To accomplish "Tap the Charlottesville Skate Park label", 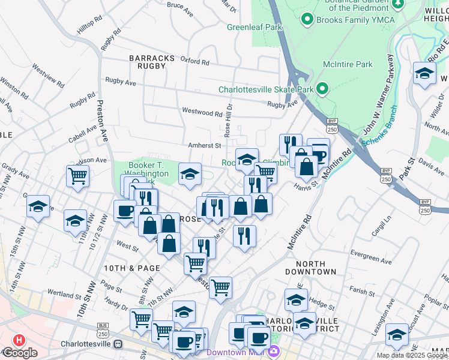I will [266, 89].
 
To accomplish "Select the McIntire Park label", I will [348, 65].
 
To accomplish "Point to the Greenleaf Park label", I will [255, 27].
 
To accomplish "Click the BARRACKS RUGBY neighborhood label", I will [152, 62].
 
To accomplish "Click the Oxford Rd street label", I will [194, 62].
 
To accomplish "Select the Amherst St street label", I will [205, 145].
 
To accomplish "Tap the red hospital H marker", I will [19, 340].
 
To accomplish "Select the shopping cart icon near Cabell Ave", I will [77, 176].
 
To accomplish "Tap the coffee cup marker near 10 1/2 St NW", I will [125, 211].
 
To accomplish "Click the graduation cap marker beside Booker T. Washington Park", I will [190, 175].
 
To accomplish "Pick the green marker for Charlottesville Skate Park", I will [322, 89].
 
